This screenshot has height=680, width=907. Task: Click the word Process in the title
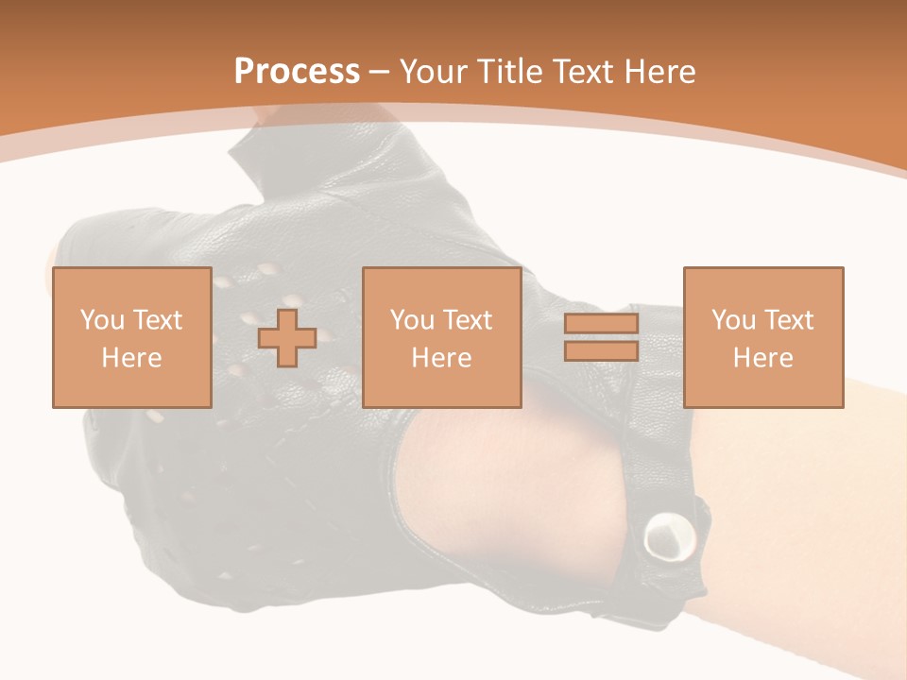click(297, 71)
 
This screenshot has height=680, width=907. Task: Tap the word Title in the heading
click(511, 71)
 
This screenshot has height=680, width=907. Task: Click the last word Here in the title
click(660, 71)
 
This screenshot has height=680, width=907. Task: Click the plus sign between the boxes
click(287, 337)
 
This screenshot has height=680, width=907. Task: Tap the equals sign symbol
click(601, 337)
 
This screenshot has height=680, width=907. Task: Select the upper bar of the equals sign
click(601, 324)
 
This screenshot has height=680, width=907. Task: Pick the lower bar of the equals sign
click(601, 350)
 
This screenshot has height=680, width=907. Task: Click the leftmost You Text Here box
click(131, 337)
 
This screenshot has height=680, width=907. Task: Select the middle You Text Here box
click(441, 337)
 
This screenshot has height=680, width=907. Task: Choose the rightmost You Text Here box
click(762, 337)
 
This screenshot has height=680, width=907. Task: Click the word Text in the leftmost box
click(157, 320)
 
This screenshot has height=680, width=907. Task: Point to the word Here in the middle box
click(441, 358)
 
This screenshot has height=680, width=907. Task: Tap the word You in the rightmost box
click(733, 320)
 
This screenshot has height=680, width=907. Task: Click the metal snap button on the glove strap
click(669, 539)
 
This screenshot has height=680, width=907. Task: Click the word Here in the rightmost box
click(762, 358)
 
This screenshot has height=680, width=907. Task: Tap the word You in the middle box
click(412, 320)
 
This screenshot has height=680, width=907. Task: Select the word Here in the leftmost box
click(131, 358)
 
